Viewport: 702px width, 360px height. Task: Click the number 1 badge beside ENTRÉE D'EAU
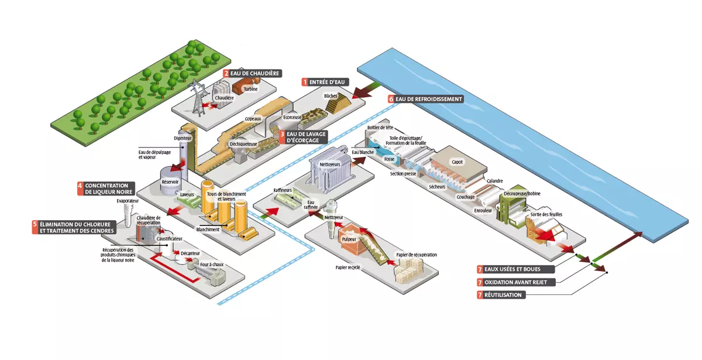pos(304,82)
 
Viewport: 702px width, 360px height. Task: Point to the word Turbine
pos(250,89)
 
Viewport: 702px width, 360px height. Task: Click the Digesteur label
pos(183,138)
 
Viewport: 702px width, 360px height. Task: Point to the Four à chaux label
pos(212,265)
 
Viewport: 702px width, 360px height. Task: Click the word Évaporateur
pos(128,201)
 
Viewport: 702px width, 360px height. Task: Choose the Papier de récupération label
pos(417,255)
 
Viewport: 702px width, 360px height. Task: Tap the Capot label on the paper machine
pos(456,162)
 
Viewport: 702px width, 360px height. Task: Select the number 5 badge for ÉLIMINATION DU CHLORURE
pos(35,224)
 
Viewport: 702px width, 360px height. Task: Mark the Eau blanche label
pos(363,152)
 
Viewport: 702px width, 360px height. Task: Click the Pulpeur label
pos(349,239)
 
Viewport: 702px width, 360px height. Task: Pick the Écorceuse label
pos(292,117)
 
